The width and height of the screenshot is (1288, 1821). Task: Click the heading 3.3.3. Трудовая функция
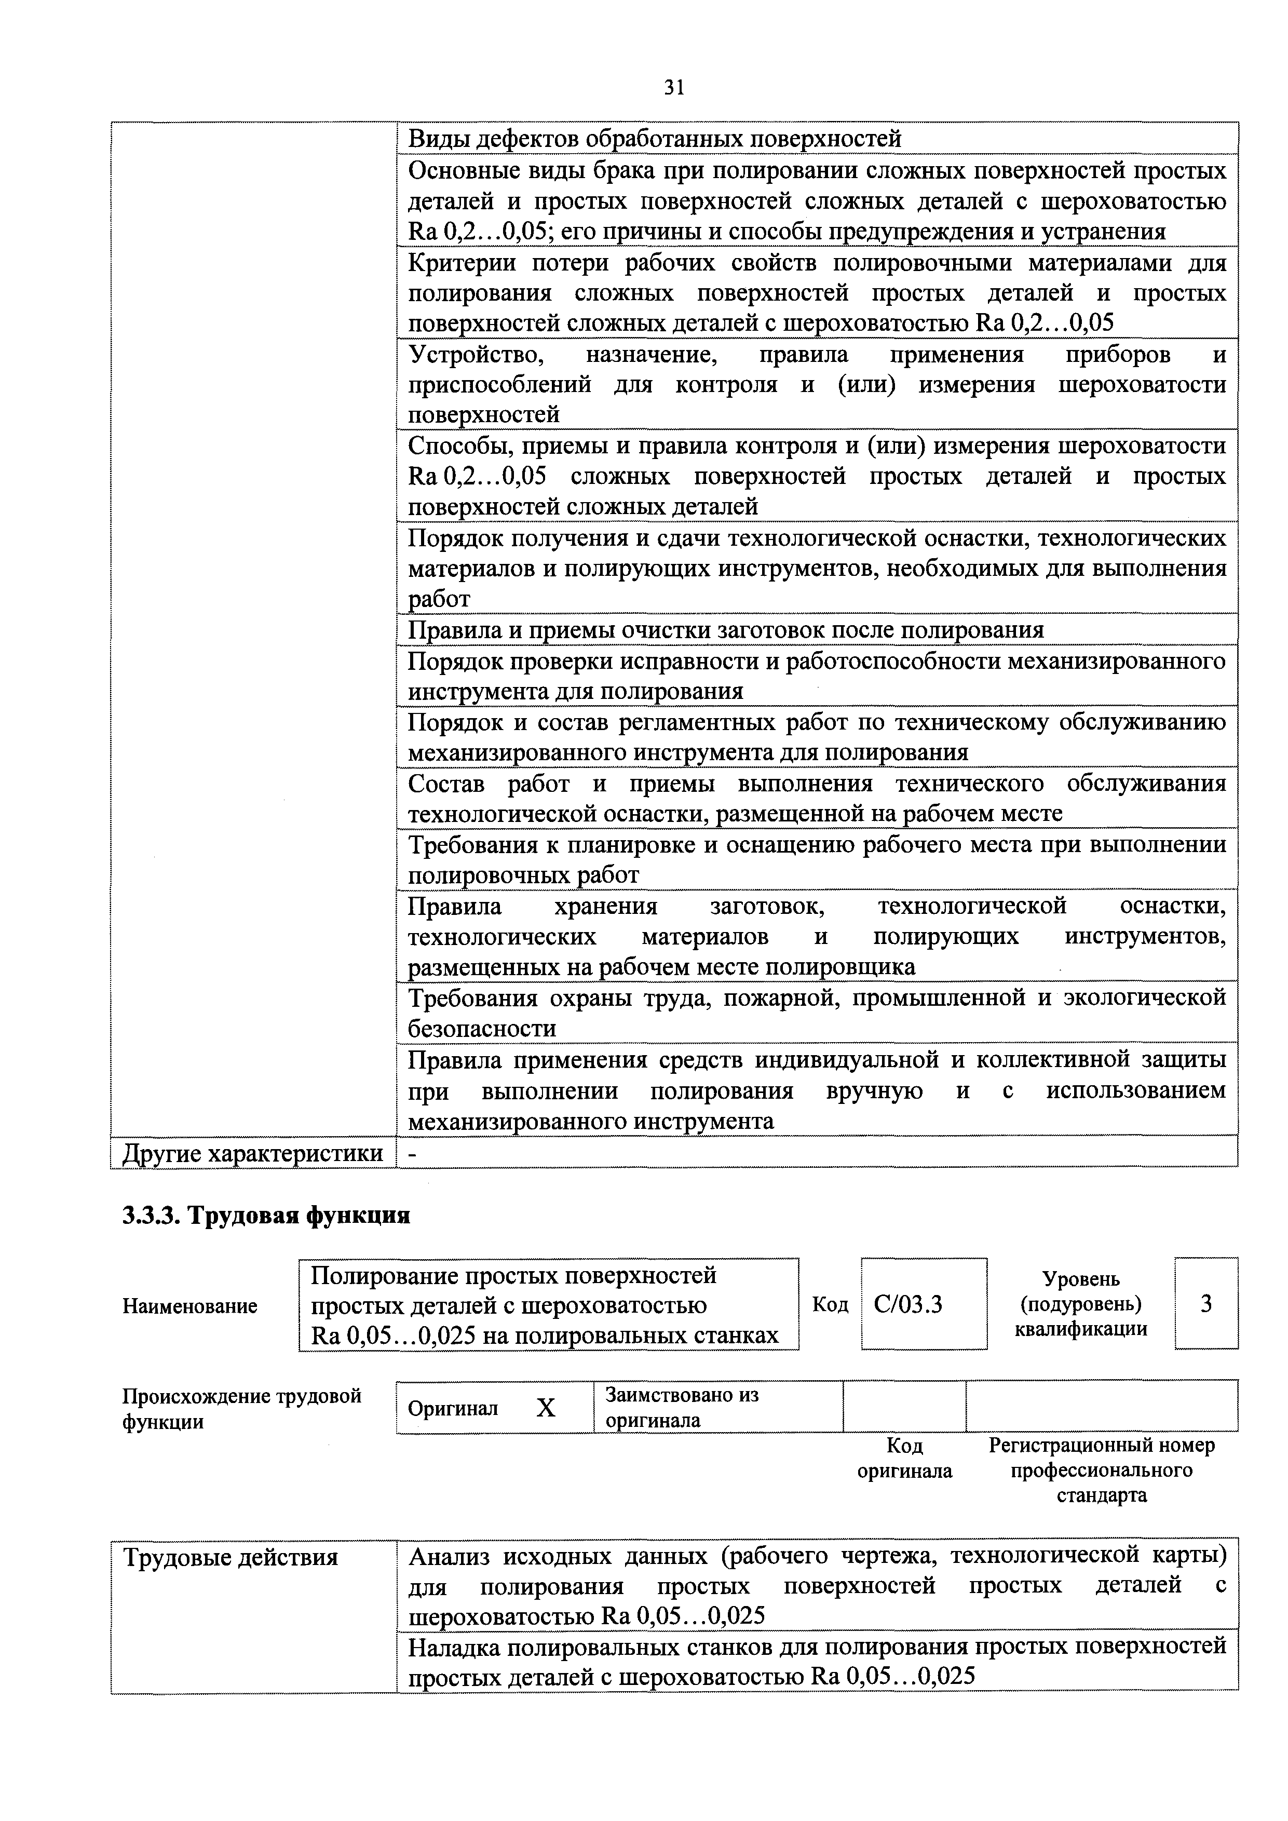coord(266,1215)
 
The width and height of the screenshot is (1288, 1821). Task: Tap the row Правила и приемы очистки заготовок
coord(725,630)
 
